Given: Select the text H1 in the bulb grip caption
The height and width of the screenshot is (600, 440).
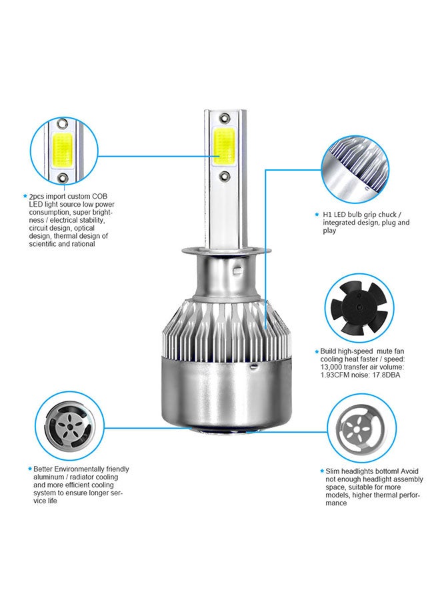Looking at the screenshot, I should point(327,215).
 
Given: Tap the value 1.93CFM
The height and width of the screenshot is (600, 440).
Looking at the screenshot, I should point(336,375).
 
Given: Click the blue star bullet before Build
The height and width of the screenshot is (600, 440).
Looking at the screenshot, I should point(316,351).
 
